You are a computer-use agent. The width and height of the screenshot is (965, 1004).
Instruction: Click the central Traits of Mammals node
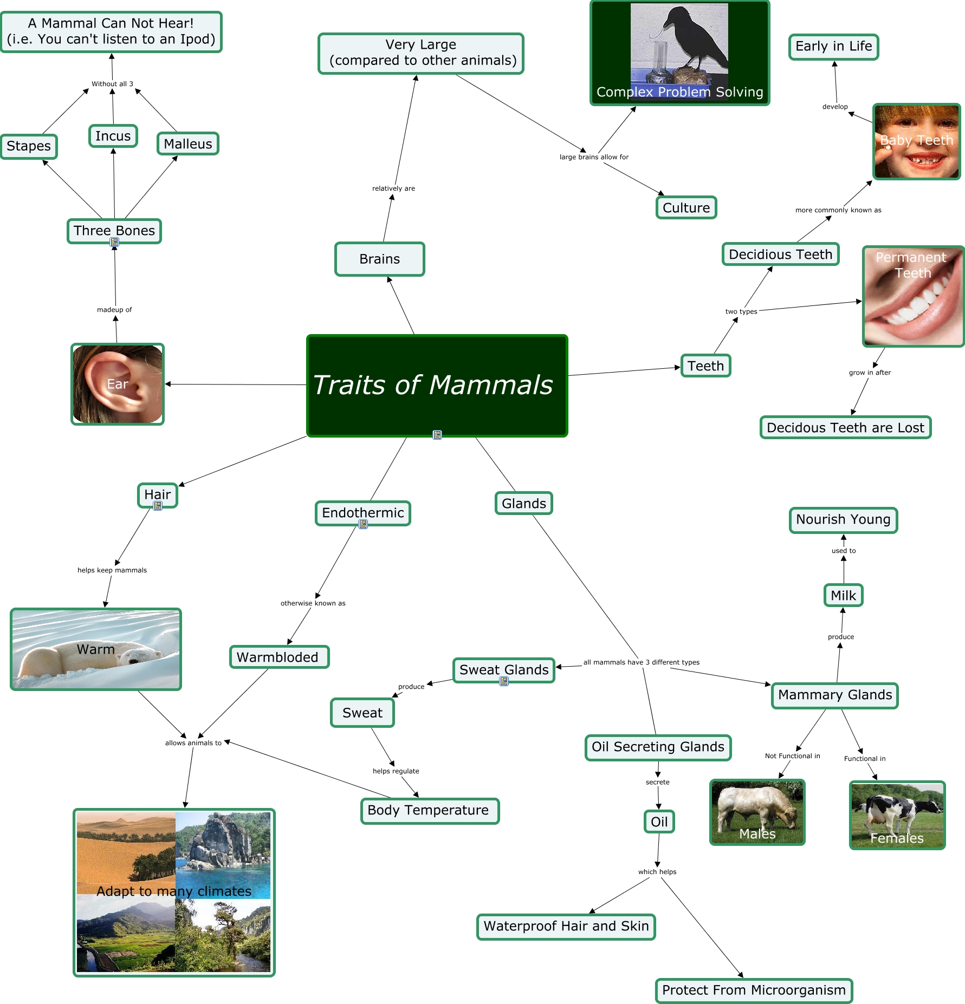[x=437, y=385]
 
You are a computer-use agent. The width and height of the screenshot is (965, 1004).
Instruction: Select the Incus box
[x=113, y=136]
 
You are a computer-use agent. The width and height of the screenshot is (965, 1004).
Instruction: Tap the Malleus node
[x=187, y=144]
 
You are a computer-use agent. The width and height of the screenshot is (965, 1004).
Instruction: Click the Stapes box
[x=29, y=146]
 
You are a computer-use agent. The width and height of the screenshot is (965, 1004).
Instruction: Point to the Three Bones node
[x=114, y=231]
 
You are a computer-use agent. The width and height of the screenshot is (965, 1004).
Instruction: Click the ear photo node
[x=118, y=384]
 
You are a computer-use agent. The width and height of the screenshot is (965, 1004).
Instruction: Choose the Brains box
[x=379, y=259]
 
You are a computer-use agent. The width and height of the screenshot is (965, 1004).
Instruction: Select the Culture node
[x=686, y=208]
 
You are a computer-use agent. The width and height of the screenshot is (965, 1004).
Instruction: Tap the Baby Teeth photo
[x=916, y=141]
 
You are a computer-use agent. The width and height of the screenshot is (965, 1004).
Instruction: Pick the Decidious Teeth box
[x=780, y=255]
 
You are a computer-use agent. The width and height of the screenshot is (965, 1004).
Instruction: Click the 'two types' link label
[x=741, y=311]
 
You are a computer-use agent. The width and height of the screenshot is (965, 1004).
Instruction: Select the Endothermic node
[x=362, y=512]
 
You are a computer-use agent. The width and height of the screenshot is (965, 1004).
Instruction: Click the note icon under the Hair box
[x=158, y=506]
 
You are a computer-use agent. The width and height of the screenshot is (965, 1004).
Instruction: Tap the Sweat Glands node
[x=503, y=670]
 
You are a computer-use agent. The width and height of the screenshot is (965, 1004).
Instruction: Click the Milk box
[x=843, y=596]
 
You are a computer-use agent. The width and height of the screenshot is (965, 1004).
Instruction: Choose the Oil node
[x=659, y=822]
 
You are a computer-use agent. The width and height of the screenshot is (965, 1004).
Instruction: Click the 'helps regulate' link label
[x=396, y=771]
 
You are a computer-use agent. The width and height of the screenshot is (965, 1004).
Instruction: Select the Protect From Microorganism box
[x=754, y=990]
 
